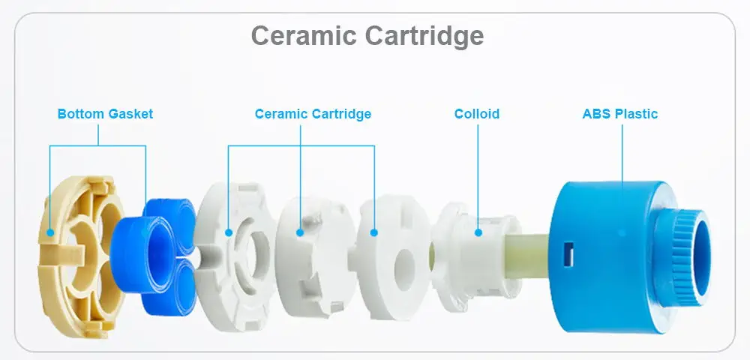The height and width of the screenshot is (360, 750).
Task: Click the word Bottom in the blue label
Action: click(x=80, y=114)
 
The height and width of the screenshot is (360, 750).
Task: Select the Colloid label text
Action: click(x=476, y=114)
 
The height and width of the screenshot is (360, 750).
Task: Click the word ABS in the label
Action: click(x=596, y=114)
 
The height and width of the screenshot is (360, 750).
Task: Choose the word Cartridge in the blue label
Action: click(x=342, y=114)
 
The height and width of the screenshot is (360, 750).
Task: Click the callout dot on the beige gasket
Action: click(x=49, y=232)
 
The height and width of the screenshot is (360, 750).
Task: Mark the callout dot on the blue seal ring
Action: click(x=145, y=232)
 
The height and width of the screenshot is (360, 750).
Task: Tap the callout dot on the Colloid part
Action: click(x=477, y=232)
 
